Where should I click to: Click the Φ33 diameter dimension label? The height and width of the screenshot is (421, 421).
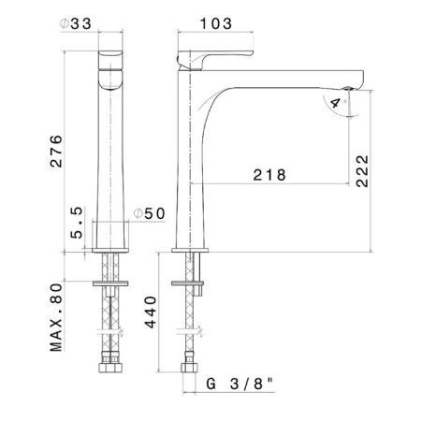(76, 23)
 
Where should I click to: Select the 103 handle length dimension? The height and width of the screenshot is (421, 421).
(216, 23)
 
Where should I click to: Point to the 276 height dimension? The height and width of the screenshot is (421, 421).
(56, 152)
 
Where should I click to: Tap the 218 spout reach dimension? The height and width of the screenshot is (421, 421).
(269, 175)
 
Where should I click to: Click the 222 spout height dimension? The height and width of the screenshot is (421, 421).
(362, 171)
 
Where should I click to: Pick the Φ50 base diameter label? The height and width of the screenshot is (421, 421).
(149, 213)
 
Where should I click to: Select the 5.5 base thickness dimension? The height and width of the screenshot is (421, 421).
(77, 223)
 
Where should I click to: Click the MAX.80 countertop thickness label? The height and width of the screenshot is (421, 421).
(56, 317)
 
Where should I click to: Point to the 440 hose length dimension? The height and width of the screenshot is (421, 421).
(151, 312)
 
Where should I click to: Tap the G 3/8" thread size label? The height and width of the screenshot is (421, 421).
(240, 384)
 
